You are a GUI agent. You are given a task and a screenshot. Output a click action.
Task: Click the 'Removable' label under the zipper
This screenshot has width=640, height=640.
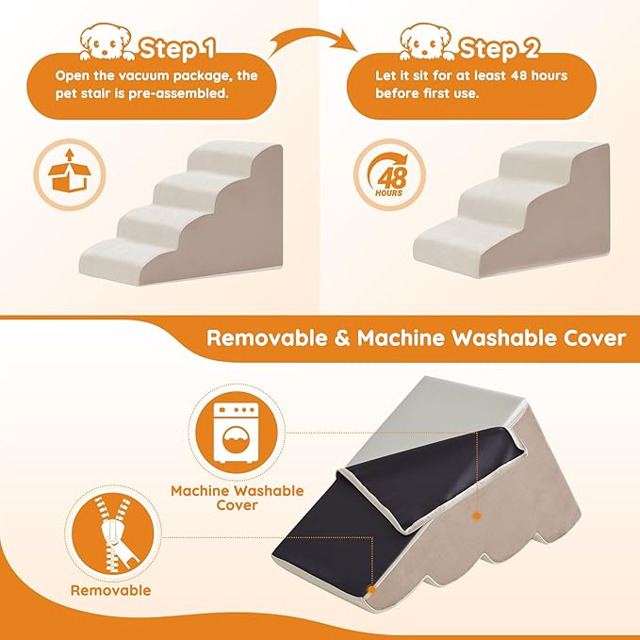(110, 591)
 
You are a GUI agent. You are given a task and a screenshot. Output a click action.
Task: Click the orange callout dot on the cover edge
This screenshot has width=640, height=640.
(478, 516)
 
